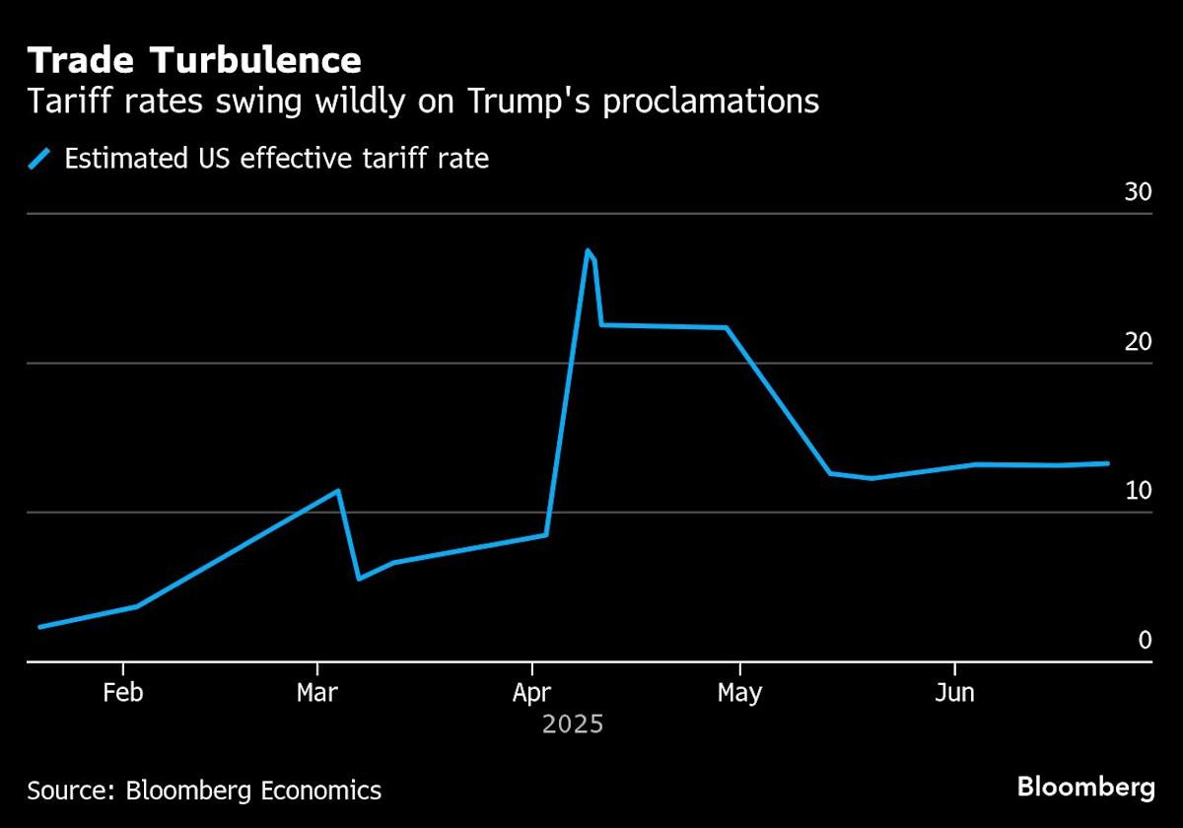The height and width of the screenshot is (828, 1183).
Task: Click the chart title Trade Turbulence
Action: click(x=194, y=61)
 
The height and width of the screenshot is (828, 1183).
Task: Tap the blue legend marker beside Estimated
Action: click(x=39, y=158)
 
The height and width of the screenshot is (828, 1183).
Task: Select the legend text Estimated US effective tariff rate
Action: click(x=276, y=158)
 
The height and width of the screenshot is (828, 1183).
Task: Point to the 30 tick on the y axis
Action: click(x=1138, y=192)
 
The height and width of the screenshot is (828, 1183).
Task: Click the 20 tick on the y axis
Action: click(x=1138, y=342)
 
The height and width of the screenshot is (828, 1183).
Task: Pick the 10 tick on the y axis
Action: click(x=1138, y=491)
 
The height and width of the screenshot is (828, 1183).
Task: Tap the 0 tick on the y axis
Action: click(x=1145, y=641)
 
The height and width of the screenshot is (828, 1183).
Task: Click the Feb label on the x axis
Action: click(x=122, y=693)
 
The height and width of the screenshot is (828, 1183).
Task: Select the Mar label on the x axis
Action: click(x=316, y=693)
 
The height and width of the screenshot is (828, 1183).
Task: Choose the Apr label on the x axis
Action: click(x=532, y=693)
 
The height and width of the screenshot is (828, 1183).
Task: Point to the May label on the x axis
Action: click(x=739, y=693)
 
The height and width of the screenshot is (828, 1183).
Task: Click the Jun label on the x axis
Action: click(x=954, y=693)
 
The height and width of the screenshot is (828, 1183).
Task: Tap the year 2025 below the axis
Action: click(x=572, y=725)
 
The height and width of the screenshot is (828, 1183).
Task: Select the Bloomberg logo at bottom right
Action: click(x=1085, y=788)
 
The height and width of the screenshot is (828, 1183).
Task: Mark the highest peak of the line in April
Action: click(x=588, y=250)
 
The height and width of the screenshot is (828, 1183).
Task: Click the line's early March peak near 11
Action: click(x=338, y=490)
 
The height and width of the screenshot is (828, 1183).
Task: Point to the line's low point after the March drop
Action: click(x=359, y=579)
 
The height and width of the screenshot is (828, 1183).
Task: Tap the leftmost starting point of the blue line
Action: click(x=39, y=627)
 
